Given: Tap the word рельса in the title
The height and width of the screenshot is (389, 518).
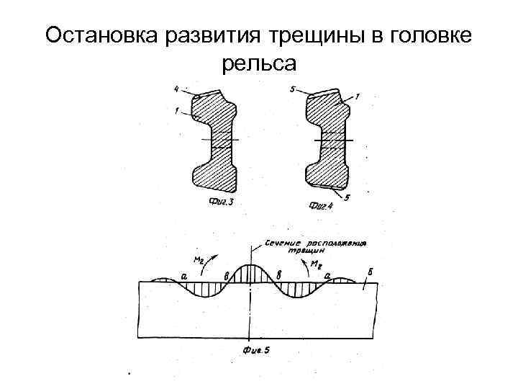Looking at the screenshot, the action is click(x=259, y=64).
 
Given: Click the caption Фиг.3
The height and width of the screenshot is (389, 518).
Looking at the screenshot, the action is click(x=221, y=202).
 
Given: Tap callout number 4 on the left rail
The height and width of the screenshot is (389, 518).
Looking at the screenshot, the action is click(x=176, y=89).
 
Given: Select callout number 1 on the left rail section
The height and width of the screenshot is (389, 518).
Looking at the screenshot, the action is click(x=176, y=111).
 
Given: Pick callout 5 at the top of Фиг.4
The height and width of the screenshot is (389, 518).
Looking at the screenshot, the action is click(x=291, y=89).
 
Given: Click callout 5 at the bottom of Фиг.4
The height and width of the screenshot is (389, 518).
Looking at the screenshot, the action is click(x=348, y=197).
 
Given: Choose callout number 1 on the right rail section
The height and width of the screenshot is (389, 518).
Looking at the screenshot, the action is click(x=358, y=96).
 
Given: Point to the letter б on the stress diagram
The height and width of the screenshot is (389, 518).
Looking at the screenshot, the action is click(x=369, y=272).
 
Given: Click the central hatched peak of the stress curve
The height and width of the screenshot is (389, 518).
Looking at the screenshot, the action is click(x=249, y=274).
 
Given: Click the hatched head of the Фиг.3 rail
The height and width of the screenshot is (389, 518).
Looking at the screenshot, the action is click(x=214, y=109).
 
